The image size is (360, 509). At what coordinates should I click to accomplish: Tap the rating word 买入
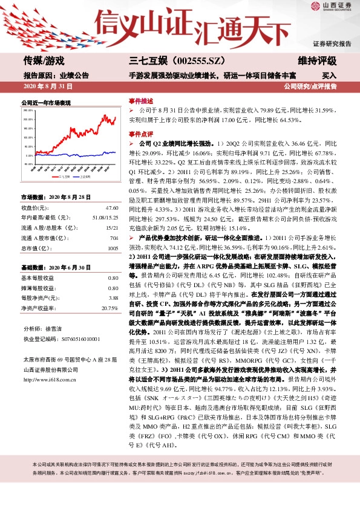tap(330, 76)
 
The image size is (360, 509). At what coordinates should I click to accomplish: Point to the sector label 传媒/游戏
tap(44, 60)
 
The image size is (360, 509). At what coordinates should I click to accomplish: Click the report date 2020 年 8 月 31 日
tap(48, 87)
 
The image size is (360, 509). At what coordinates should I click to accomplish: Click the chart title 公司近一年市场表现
tap(46, 103)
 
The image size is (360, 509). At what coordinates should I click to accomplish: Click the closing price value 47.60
tap(112, 208)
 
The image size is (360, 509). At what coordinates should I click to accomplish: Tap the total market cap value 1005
tap(113, 248)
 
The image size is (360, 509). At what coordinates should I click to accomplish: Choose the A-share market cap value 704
tap(114, 238)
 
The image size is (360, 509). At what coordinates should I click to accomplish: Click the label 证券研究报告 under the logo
tap(332, 44)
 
